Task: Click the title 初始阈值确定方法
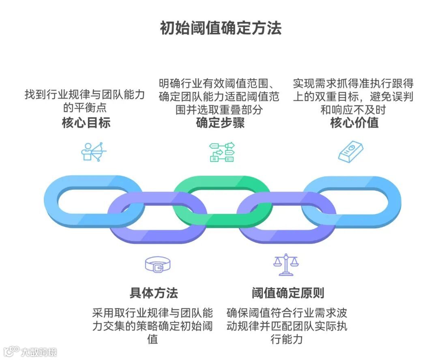coord(220,28)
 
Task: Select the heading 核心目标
coord(86,123)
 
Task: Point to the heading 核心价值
coord(354,123)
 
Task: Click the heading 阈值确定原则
coord(288,293)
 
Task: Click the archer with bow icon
coord(94,152)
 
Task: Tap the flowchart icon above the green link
coord(222,152)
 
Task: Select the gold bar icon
coord(351,152)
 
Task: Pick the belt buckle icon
coord(158,265)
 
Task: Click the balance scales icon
coord(286,265)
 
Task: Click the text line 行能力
coord(287,339)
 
